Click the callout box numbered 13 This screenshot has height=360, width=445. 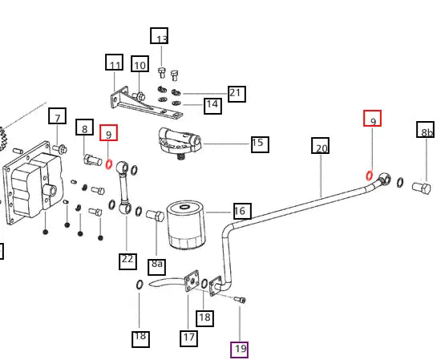pyautogui.click(x=160, y=36)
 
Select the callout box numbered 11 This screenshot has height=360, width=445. pyautogui.click(x=115, y=62)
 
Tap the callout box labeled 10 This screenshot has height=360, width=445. pyautogui.click(x=140, y=63)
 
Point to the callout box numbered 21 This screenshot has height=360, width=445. pyautogui.click(x=237, y=94)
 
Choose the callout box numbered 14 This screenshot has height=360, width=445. pyautogui.click(x=212, y=106)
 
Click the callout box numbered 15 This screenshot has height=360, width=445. pyautogui.click(x=260, y=144)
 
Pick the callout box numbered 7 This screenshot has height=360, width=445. pyautogui.click(x=57, y=115)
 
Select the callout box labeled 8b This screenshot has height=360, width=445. pyautogui.click(x=426, y=129)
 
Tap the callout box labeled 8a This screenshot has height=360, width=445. pyautogui.click(x=157, y=267)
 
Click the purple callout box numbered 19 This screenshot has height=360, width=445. pyautogui.click(x=240, y=350)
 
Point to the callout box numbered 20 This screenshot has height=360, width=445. pyautogui.click(x=321, y=146)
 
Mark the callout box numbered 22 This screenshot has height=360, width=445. pyautogui.click(x=127, y=261)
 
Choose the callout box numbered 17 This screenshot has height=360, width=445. pyautogui.click(x=188, y=338)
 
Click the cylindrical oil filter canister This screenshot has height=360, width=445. pyautogui.click(x=186, y=224)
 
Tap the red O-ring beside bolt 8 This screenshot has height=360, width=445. pyautogui.click(x=108, y=164)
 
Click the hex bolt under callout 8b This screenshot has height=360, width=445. pyautogui.click(x=422, y=188)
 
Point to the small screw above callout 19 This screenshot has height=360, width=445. pyautogui.click(x=240, y=299)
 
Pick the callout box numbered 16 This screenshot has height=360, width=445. pyautogui.click(x=242, y=211)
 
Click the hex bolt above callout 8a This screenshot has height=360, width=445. pyautogui.click(x=156, y=216)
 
